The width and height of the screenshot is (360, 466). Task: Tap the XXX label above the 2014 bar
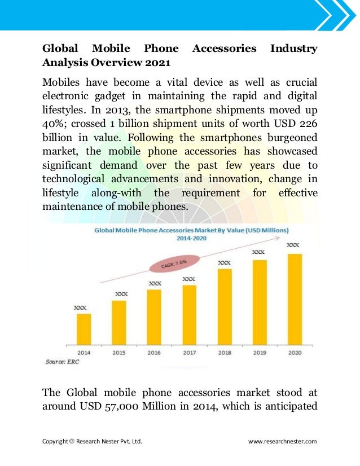(81, 308)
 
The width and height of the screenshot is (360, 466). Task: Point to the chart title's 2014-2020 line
(191, 239)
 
